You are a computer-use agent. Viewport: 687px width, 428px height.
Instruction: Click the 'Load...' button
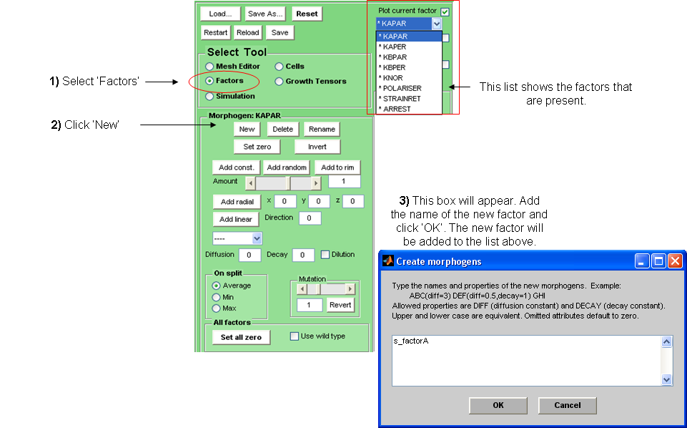click(220, 14)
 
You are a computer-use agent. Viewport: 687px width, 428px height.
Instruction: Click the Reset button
click(307, 14)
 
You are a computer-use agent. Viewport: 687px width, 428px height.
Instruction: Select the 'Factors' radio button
click(209, 81)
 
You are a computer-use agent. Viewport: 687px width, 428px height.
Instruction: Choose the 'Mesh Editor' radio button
click(209, 67)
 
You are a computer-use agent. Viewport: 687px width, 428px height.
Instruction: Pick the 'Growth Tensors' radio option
click(280, 82)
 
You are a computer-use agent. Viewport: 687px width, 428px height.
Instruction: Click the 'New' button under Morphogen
click(247, 129)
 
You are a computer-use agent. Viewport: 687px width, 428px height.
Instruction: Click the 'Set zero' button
click(256, 147)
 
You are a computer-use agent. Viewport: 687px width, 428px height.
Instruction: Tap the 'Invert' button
click(317, 147)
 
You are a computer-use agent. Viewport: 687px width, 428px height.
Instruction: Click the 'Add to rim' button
click(337, 167)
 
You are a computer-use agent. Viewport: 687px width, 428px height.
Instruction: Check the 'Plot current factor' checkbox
click(445, 11)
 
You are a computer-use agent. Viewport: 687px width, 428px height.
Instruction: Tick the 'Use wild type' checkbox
click(294, 336)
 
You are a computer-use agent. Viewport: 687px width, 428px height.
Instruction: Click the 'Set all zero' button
click(241, 337)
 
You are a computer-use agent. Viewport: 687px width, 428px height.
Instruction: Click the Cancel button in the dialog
click(568, 405)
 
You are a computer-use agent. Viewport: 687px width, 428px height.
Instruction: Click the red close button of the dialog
click(674, 261)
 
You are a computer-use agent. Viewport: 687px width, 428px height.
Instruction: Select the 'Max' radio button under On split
click(216, 308)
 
